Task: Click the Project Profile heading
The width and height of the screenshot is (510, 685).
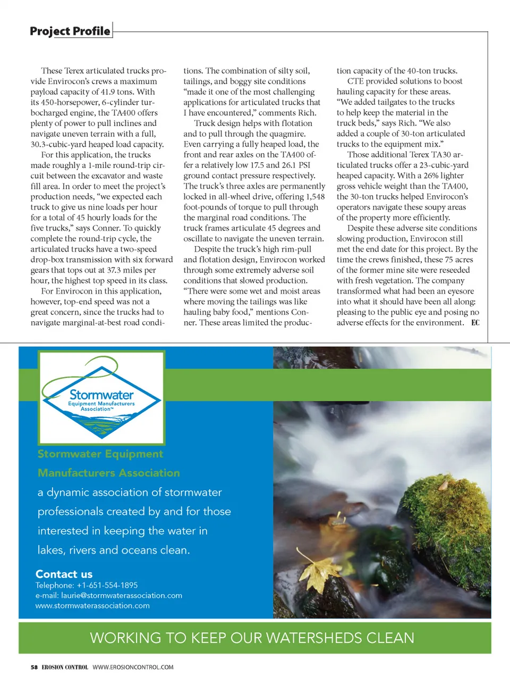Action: pos(70,31)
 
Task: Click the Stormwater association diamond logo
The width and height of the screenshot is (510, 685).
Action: pos(101,398)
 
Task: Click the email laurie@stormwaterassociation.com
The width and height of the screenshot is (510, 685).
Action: pos(122,596)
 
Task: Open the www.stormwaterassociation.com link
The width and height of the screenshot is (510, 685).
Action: pos(92,606)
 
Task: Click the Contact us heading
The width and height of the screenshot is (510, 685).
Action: pos(64,574)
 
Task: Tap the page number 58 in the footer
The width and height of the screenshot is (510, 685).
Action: pos(34,667)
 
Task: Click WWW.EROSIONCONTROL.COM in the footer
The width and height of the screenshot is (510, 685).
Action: pos(133,667)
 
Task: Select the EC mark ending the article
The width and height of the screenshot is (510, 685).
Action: pos(475,323)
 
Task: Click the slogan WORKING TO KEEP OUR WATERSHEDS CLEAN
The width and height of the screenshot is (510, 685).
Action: pos(252,638)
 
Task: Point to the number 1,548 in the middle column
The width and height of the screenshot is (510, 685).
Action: pos(315,197)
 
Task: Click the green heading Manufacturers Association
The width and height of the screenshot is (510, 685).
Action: pos(109,473)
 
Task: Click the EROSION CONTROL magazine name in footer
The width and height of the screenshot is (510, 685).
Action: pos(65,667)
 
